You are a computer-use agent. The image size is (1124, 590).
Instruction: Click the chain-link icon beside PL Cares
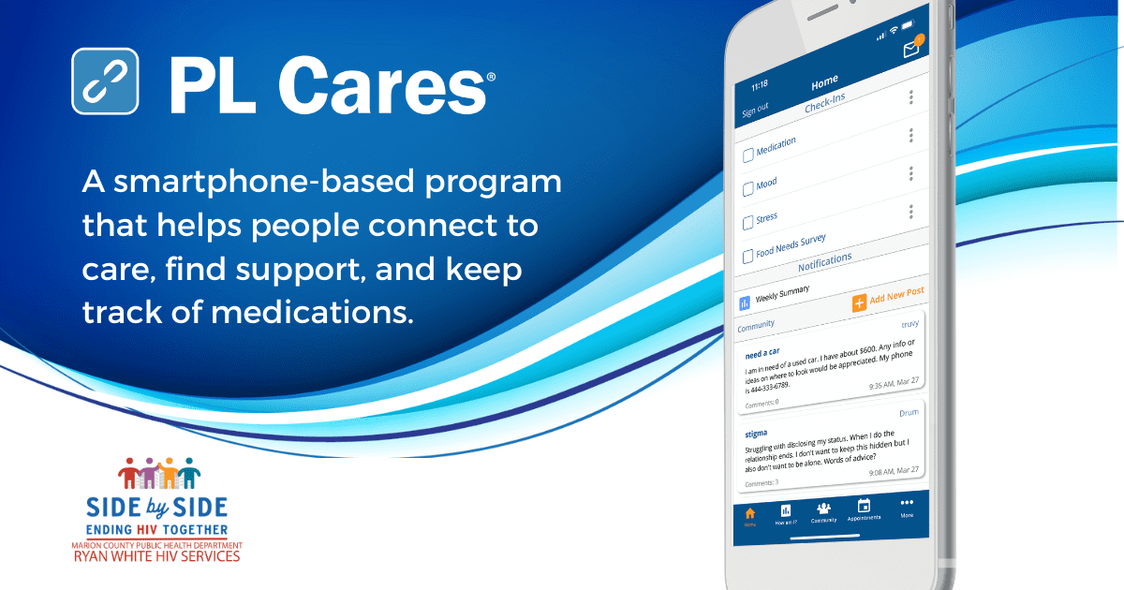click(105, 81)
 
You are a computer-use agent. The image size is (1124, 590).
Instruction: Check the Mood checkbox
click(748, 189)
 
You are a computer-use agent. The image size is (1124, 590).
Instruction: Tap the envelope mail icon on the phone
click(910, 51)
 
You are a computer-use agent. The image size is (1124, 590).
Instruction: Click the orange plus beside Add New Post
click(859, 303)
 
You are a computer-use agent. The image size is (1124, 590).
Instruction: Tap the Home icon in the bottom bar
click(749, 513)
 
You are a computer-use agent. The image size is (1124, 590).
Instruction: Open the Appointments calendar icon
click(864, 506)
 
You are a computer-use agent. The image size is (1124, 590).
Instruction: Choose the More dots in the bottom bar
click(907, 503)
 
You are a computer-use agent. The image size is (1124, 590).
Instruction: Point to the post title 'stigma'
click(756, 434)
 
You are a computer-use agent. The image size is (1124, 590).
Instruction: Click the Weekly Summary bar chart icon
click(746, 303)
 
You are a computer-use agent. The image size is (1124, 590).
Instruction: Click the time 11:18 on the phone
click(759, 84)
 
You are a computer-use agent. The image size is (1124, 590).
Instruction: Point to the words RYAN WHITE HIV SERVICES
click(156, 556)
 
